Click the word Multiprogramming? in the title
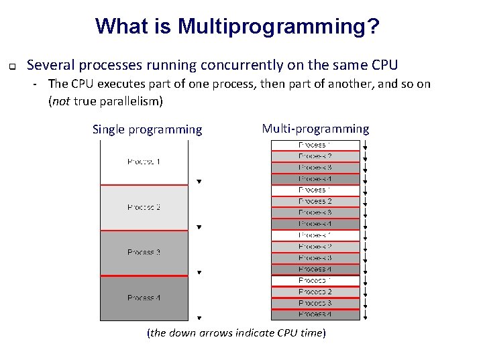click(x=278, y=27)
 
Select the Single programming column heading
click(x=147, y=129)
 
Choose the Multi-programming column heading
click(x=315, y=129)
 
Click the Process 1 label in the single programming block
click(x=144, y=162)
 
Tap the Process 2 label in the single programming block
click(x=144, y=207)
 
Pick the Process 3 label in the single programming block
click(x=144, y=253)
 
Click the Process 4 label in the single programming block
click(x=144, y=298)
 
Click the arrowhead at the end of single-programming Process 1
click(x=199, y=182)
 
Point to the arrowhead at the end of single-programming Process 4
click(x=199, y=318)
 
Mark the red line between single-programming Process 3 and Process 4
click(x=144, y=276)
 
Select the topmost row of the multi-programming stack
click(x=315, y=145)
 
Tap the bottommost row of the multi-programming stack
click(x=315, y=314)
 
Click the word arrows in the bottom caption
click(x=216, y=333)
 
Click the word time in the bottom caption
click(x=311, y=333)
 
